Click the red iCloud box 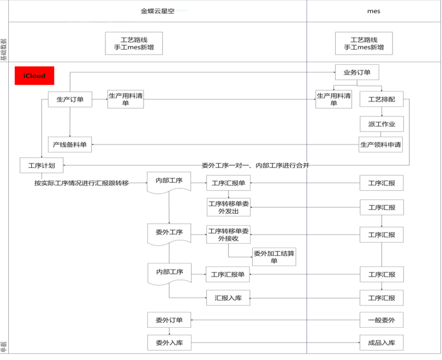coord(34,76)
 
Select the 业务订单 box coord(357,73)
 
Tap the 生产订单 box coord(70,99)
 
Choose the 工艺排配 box coord(381,100)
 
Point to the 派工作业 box coord(381,124)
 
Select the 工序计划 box coord(41,165)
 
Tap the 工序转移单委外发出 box coord(229,207)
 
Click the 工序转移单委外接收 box coord(229,235)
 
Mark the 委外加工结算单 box coord(274,257)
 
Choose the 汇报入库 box coord(229,298)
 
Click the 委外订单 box coord(169,320)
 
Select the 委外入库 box coord(169,343)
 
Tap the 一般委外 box coord(381,320)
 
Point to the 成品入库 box coord(381,343)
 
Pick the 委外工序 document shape coord(169,233)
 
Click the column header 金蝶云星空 coord(158,11)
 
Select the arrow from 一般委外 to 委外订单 coord(276,320)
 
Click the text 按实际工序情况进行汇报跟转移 coord(81,183)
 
